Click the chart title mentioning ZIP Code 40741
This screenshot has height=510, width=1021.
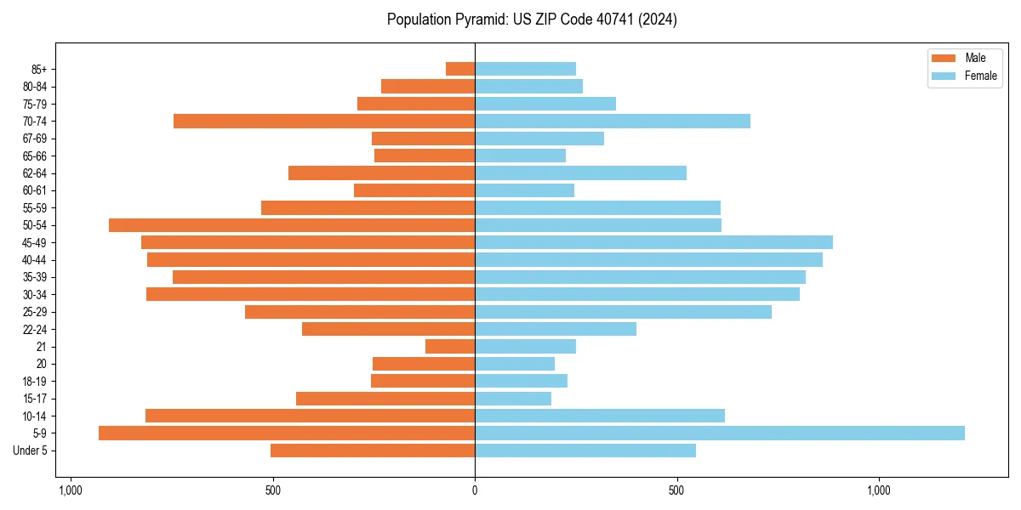click(x=532, y=20)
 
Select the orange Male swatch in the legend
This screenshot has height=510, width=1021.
click(x=944, y=58)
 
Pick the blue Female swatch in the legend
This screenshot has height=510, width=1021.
click(x=944, y=76)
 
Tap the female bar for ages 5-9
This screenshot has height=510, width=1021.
click(x=719, y=433)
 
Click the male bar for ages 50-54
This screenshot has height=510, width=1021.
click(x=292, y=225)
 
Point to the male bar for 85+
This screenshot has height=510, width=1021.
click(x=460, y=69)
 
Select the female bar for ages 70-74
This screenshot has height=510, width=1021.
click(x=613, y=121)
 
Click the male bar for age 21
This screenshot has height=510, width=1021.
click(x=450, y=346)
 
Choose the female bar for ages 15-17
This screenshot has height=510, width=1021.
click(x=513, y=398)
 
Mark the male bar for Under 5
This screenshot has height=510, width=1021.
click(x=373, y=450)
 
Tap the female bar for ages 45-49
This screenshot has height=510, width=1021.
click(x=653, y=242)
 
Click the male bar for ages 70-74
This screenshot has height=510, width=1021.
click(x=324, y=121)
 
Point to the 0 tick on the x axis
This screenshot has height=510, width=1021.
click(x=475, y=490)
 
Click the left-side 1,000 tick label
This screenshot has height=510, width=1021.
click(x=70, y=490)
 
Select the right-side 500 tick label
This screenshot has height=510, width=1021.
click(x=676, y=490)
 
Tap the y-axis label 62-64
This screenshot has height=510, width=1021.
click(x=35, y=173)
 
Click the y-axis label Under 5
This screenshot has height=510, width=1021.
click(x=31, y=450)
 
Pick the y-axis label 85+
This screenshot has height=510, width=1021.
click(x=38, y=69)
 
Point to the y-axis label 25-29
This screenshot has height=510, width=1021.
click(x=35, y=312)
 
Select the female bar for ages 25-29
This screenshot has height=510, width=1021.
click(x=623, y=312)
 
